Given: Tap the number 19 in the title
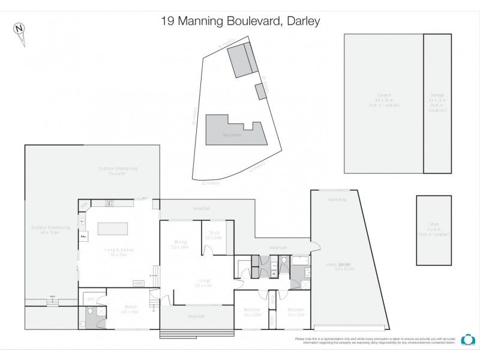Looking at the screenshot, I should [168, 21].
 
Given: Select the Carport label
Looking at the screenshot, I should [384, 95].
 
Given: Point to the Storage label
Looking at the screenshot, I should [437, 95].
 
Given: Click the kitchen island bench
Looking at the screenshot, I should [113, 228].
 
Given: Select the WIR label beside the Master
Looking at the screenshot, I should [91, 299].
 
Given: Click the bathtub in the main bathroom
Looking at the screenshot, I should [299, 262].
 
